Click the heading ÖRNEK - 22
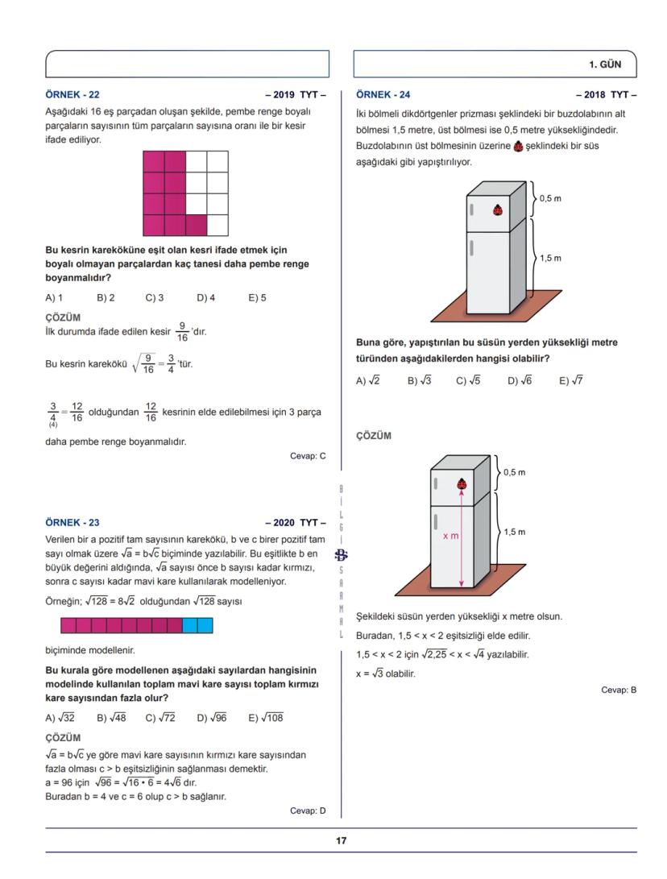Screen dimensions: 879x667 (x=72, y=94)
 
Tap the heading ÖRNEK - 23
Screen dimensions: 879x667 (x=72, y=522)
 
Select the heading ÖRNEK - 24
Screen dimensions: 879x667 (x=383, y=94)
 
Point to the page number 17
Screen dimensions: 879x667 (x=341, y=840)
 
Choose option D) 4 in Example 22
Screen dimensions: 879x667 (x=205, y=297)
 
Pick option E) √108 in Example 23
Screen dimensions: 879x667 (x=266, y=718)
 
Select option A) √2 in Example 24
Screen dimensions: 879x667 (x=368, y=381)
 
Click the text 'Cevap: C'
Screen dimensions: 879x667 (x=308, y=456)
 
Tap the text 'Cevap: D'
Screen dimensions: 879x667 (x=308, y=811)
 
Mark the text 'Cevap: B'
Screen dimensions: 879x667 (x=619, y=690)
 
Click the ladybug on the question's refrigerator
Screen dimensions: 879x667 (x=499, y=210)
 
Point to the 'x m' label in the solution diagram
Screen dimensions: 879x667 (x=451, y=536)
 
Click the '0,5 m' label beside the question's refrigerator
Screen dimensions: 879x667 (x=550, y=198)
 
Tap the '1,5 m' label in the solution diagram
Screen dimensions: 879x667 (x=514, y=532)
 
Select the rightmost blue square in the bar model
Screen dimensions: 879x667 (x=205, y=625)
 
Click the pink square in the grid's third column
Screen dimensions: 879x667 (x=197, y=225)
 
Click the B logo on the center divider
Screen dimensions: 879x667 (x=341, y=554)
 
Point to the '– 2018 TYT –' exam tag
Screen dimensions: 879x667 (x=606, y=94)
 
